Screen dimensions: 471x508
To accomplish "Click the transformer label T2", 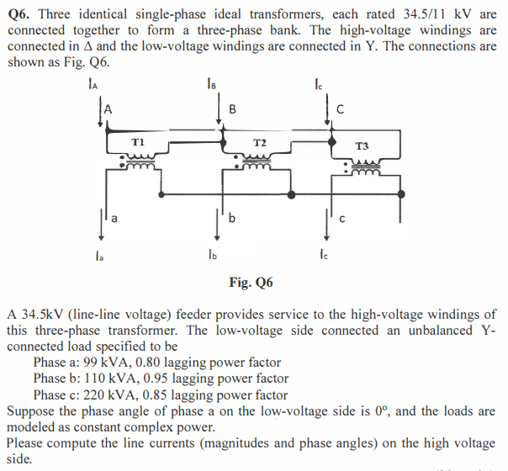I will (260, 144).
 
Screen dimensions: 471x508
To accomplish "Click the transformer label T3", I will (362, 146).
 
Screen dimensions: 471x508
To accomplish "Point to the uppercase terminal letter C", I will (340, 108).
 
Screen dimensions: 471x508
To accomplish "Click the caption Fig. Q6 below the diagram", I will (251, 282).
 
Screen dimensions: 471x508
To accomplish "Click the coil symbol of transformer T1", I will (140, 161).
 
